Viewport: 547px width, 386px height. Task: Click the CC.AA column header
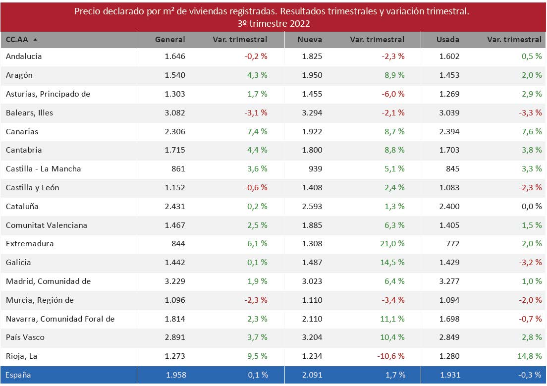[17, 40]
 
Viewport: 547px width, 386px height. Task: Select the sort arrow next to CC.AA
[35, 40]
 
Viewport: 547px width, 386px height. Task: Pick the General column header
[170, 40]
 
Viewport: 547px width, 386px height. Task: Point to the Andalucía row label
[24, 56]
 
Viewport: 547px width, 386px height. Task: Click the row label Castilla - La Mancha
[43, 169]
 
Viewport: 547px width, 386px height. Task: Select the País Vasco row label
[25, 337]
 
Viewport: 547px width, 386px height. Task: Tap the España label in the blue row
[18, 375]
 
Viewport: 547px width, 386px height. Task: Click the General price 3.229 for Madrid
[175, 281]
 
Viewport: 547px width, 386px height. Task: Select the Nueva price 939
[315, 169]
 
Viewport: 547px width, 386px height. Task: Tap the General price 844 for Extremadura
[178, 244]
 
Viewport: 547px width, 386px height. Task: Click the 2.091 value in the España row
[313, 375]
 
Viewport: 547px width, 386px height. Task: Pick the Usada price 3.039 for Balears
[449, 113]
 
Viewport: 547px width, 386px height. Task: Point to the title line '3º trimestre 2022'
[273, 23]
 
